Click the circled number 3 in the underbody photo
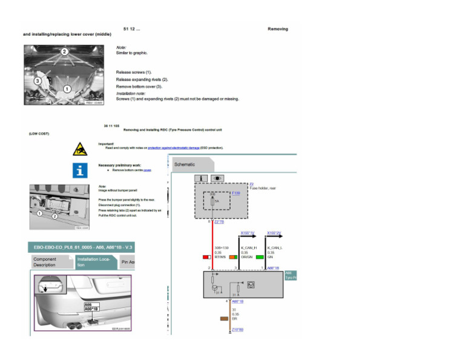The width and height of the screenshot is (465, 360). click(38, 80)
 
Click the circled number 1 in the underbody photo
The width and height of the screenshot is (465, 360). click(67, 88)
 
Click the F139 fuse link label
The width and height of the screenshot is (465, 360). click(236, 193)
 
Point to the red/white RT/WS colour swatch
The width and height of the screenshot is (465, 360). click(206, 257)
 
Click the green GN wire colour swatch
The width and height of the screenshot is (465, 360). click(260, 257)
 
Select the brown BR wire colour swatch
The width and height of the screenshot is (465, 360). click(223, 318)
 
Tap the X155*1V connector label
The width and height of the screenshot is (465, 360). click(248, 232)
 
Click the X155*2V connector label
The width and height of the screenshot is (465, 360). click(274, 232)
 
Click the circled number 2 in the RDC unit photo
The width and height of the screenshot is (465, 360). click(54, 216)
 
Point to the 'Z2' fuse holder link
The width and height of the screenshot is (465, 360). click(251, 184)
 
